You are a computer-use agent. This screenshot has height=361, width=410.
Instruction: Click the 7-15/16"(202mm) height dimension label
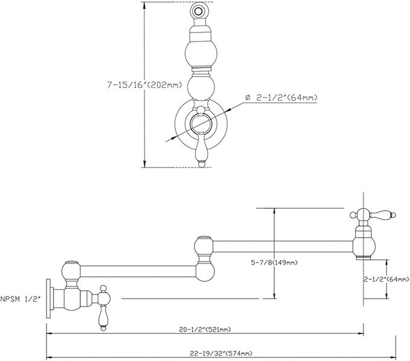coord(144,85)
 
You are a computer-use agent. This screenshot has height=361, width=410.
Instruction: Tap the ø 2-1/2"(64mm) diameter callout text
coord(281,98)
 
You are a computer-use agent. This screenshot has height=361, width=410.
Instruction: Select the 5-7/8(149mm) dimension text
coord(274,263)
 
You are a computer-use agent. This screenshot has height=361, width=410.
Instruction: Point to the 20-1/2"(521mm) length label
coord(205,330)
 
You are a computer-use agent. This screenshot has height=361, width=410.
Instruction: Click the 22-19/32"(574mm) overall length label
coord(221,353)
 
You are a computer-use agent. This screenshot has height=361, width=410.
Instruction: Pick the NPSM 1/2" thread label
coord(21,299)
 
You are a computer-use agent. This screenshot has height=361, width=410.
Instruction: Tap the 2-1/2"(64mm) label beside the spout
coord(387,279)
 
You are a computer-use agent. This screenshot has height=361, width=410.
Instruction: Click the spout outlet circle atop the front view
coord(199,11)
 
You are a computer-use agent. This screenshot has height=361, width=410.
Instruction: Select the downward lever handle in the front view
coord(202,150)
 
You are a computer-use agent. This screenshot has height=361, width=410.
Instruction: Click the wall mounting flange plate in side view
coord(48,298)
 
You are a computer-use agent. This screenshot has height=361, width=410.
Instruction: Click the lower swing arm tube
coord(138,271)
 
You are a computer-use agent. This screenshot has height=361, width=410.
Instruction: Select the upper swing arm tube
coord(283,246)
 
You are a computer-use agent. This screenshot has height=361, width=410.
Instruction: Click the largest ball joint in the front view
coord(201,54)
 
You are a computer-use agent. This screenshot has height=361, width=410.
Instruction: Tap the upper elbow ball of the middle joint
coord(205,246)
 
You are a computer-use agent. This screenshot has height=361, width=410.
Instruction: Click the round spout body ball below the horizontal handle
coord(364,246)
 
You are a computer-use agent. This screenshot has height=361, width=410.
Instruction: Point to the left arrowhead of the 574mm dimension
coord(50,357)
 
